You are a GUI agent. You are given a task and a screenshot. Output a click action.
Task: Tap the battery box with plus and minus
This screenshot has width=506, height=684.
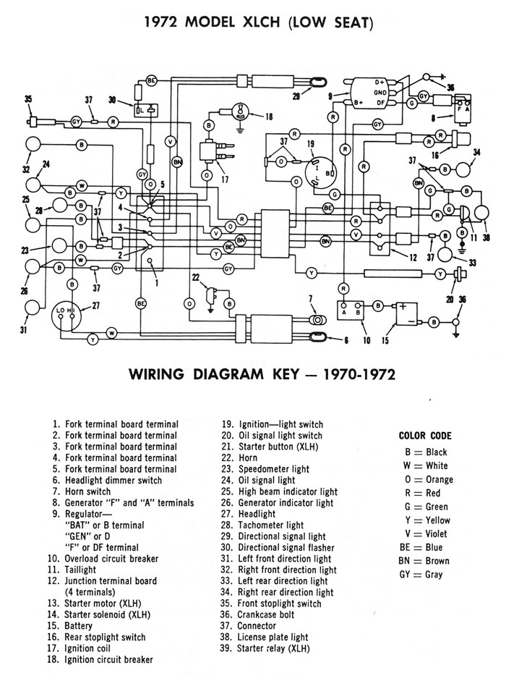point(406,314)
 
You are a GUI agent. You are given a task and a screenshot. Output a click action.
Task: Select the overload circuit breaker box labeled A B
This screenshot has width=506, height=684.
point(351,311)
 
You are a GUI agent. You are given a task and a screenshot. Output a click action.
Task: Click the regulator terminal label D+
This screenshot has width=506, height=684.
point(379,83)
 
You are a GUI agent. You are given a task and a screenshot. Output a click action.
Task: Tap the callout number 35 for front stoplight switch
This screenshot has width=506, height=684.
point(29,99)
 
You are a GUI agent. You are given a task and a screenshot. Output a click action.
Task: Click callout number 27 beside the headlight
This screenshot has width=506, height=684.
point(96,305)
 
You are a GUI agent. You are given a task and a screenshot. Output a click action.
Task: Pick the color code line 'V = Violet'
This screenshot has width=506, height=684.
point(425,534)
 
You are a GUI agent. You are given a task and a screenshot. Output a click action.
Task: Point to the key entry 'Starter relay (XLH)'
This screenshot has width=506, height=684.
point(273,649)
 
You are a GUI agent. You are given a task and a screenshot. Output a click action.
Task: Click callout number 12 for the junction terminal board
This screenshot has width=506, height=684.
point(412,258)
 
